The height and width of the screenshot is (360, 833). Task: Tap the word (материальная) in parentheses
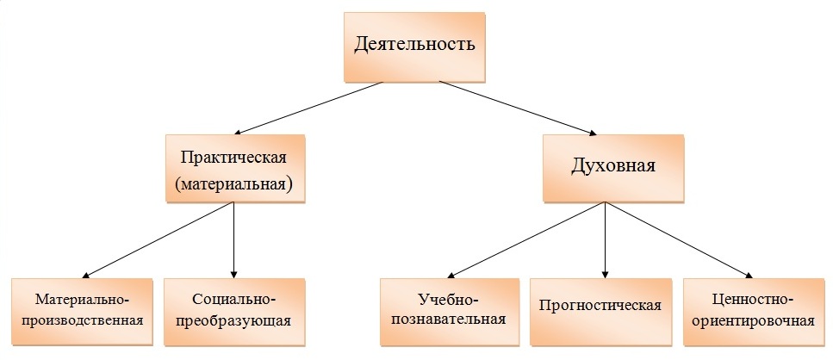[236, 183]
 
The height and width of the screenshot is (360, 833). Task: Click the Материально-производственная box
[83, 310]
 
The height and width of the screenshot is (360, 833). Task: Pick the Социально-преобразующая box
[235, 310]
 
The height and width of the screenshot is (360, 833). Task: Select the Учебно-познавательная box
[449, 310]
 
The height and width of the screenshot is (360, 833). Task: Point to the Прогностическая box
[600, 307]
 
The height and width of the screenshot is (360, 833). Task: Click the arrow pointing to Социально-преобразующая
[235, 241]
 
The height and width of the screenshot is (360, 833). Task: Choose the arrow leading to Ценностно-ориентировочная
[681, 241]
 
